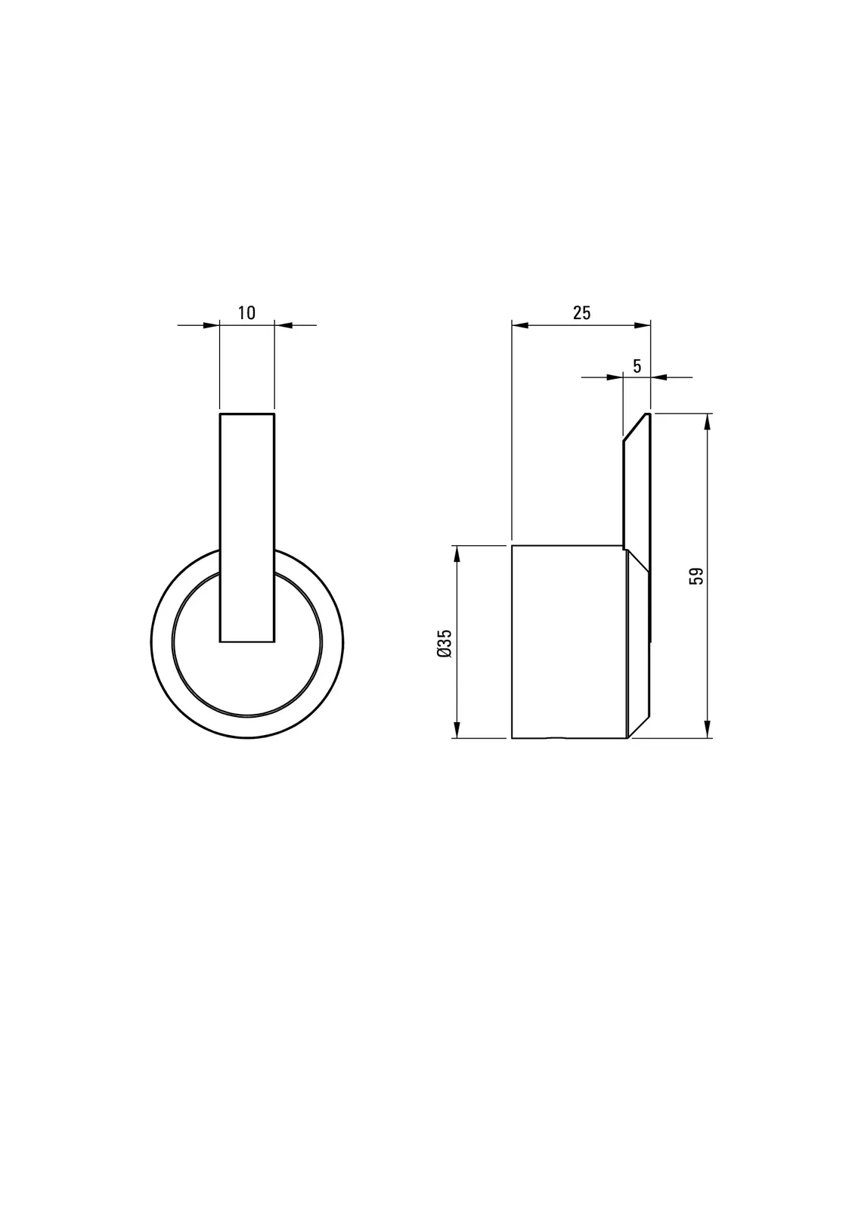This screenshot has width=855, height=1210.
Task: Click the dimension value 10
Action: tap(246, 313)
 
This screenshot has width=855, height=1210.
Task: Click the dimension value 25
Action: tap(581, 313)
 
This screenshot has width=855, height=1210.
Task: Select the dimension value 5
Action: tap(637, 366)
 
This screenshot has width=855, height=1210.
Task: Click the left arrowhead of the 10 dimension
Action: tap(212, 325)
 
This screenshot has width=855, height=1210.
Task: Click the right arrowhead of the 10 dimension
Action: tap(283, 325)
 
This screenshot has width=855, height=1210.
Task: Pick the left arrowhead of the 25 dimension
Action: tap(520, 325)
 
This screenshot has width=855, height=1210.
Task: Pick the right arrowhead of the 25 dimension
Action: tap(643, 325)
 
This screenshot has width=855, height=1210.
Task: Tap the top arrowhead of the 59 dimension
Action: tap(707, 423)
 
